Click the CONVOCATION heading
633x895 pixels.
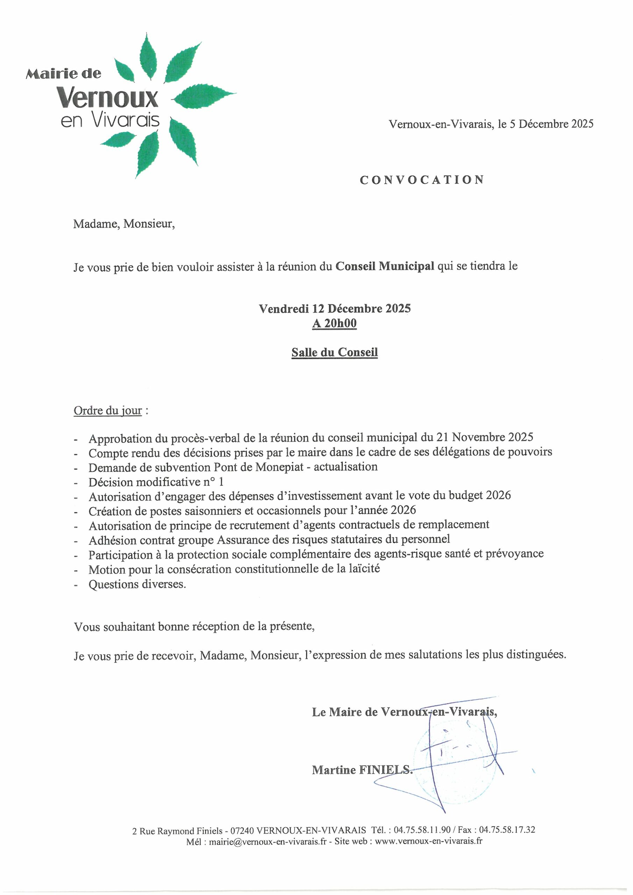click(x=422, y=180)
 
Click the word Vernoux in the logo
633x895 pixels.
click(x=107, y=98)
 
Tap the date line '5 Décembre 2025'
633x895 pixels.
click(x=552, y=124)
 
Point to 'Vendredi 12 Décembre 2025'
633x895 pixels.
click(x=335, y=308)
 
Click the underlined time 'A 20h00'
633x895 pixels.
click(x=334, y=323)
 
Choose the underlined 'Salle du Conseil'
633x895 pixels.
click(x=335, y=352)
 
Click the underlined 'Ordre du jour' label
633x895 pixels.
click(x=108, y=410)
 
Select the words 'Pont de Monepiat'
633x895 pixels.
click(x=258, y=467)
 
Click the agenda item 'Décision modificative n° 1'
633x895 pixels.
click(x=156, y=482)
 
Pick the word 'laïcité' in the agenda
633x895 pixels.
click(x=360, y=568)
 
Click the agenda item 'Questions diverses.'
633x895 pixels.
click(x=137, y=584)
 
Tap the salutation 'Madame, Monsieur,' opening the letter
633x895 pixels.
click(x=124, y=224)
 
